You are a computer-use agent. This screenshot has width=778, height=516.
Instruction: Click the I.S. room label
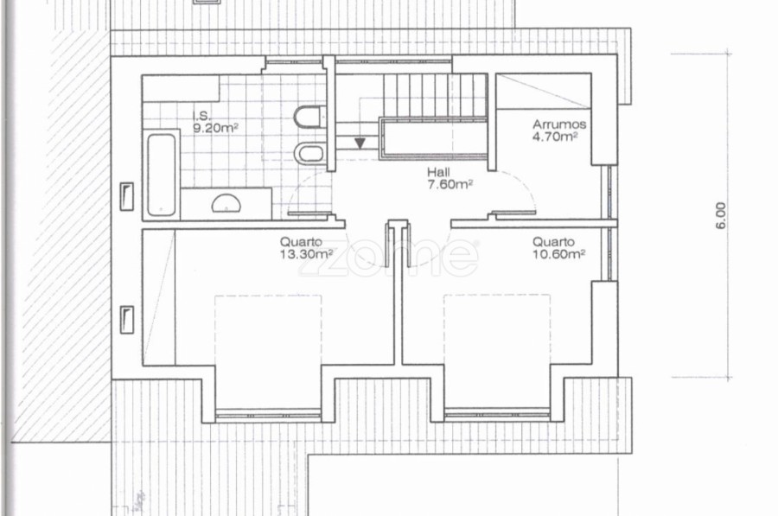[201, 117]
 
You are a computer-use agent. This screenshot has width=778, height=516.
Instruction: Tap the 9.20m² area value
[216, 129]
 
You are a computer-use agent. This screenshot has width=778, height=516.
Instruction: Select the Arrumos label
[559, 124]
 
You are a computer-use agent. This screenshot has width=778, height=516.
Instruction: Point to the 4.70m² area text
[555, 137]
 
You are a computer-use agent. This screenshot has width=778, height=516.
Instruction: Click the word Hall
[438, 172]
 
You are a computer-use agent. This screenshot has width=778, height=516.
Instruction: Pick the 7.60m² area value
[450, 185]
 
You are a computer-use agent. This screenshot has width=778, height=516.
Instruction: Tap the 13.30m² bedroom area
[306, 254]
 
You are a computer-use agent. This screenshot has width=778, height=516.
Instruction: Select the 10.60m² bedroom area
[559, 254]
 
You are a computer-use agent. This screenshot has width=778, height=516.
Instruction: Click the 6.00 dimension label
[721, 216]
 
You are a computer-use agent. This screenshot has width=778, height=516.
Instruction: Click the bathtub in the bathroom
[162, 175]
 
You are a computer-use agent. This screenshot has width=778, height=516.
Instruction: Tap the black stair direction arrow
[360, 143]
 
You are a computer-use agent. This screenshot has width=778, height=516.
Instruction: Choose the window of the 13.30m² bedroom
[269, 414]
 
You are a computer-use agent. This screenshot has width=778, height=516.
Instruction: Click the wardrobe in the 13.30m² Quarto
[159, 297]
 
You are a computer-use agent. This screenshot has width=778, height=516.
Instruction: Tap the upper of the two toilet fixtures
[308, 117]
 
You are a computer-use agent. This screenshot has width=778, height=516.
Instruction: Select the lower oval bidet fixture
[309, 153]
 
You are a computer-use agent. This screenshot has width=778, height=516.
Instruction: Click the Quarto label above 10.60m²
[554, 242]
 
